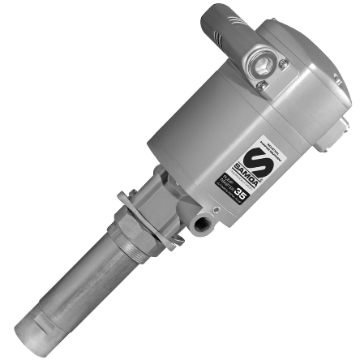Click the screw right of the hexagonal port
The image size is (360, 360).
tap(282, 63)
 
